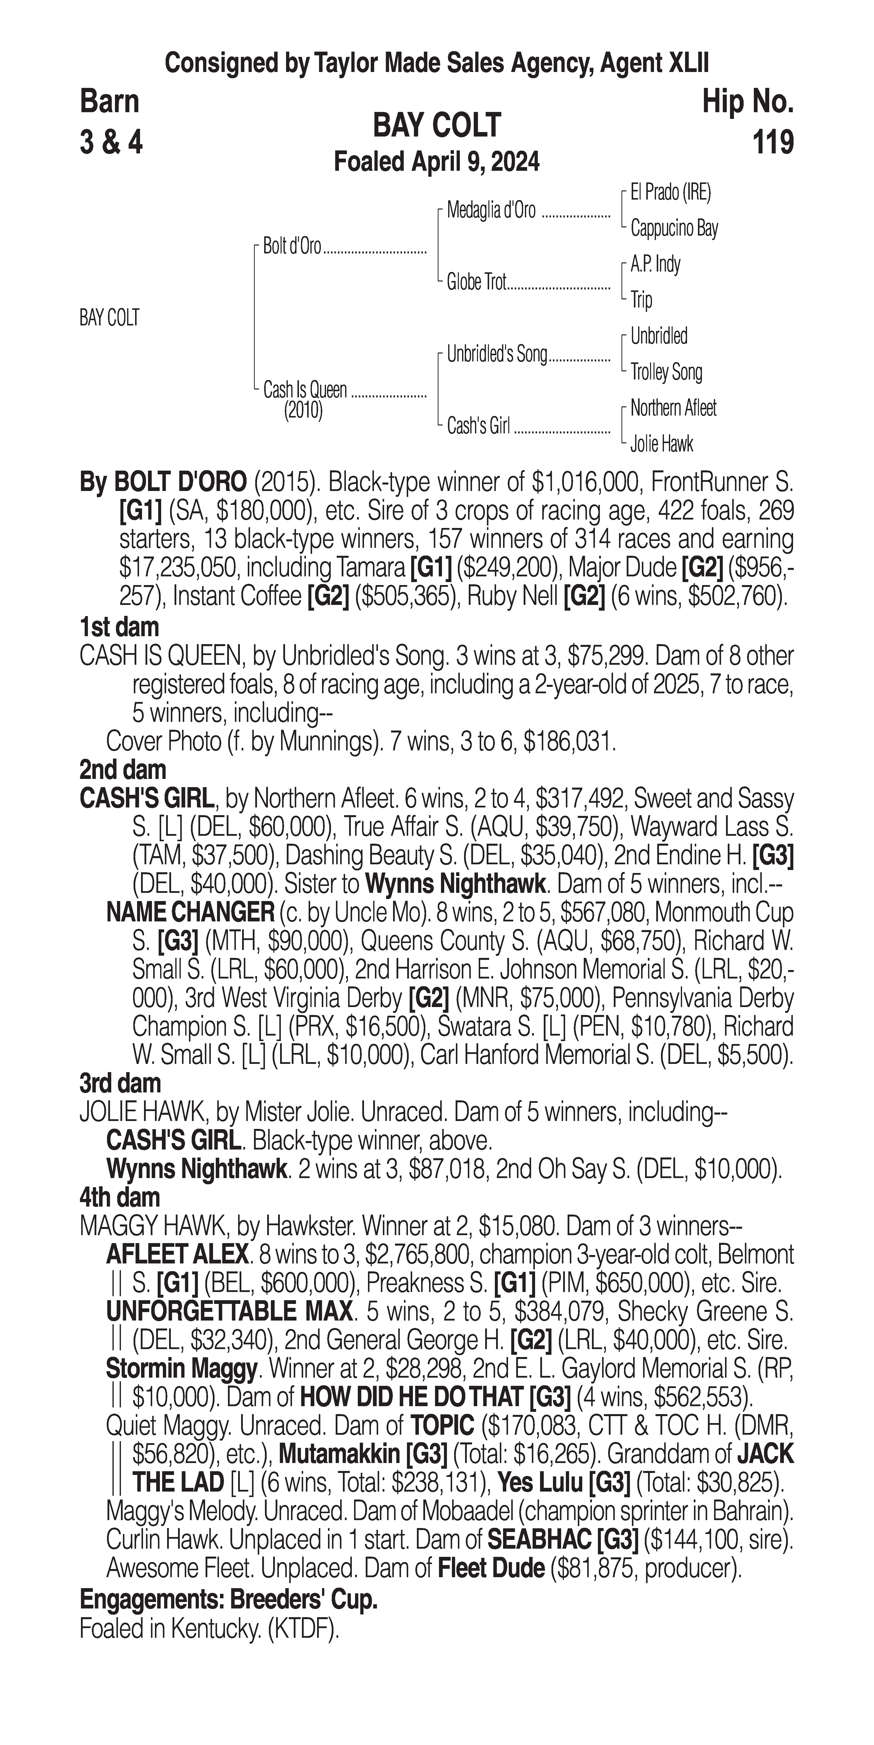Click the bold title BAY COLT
[x=437, y=125]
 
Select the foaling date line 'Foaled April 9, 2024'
[x=437, y=162]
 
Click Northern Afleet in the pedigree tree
[x=673, y=408]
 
